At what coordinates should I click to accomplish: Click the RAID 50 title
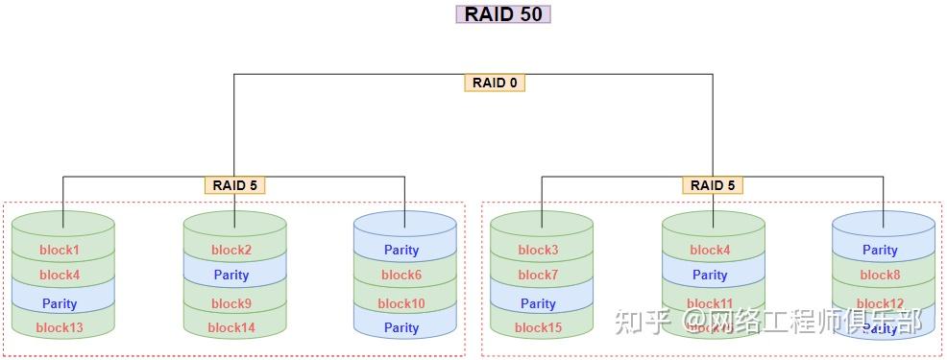click(x=502, y=13)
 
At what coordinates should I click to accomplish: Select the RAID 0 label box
click(x=495, y=83)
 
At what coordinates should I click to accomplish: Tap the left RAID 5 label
click(x=234, y=185)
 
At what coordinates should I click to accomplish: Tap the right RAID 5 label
click(x=714, y=185)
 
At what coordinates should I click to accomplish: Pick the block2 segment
click(x=231, y=251)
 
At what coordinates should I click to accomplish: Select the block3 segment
click(x=538, y=251)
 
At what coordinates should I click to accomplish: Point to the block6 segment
click(x=401, y=276)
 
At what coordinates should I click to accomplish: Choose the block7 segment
click(x=538, y=276)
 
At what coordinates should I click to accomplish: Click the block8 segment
click(x=880, y=276)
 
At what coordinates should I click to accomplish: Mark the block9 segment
click(x=231, y=303)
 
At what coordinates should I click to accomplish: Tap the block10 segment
click(x=401, y=303)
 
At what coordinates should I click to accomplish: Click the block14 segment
click(x=231, y=327)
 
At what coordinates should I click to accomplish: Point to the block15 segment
click(x=538, y=327)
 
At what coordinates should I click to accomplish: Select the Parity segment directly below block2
click(x=231, y=276)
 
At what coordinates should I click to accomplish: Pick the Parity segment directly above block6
click(x=401, y=251)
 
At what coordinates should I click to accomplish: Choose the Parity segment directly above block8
click(x=880, y=251)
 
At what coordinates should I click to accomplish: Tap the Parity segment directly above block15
click(x=538, y=303)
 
